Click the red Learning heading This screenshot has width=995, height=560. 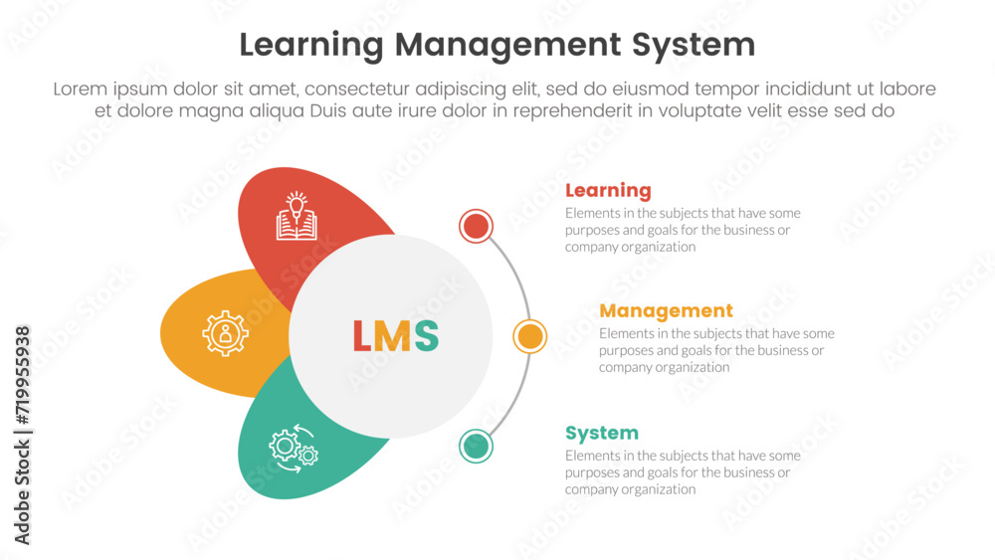608,190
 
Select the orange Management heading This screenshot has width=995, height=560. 666,310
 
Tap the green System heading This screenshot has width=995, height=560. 602,433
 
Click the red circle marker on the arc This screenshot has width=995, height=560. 477,227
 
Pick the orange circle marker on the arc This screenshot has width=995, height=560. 530,336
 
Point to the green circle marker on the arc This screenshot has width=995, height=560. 477,446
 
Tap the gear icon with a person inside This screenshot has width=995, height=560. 226,333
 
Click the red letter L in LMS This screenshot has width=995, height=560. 363,337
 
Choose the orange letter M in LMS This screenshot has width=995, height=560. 395,337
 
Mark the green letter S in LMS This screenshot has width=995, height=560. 426,337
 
